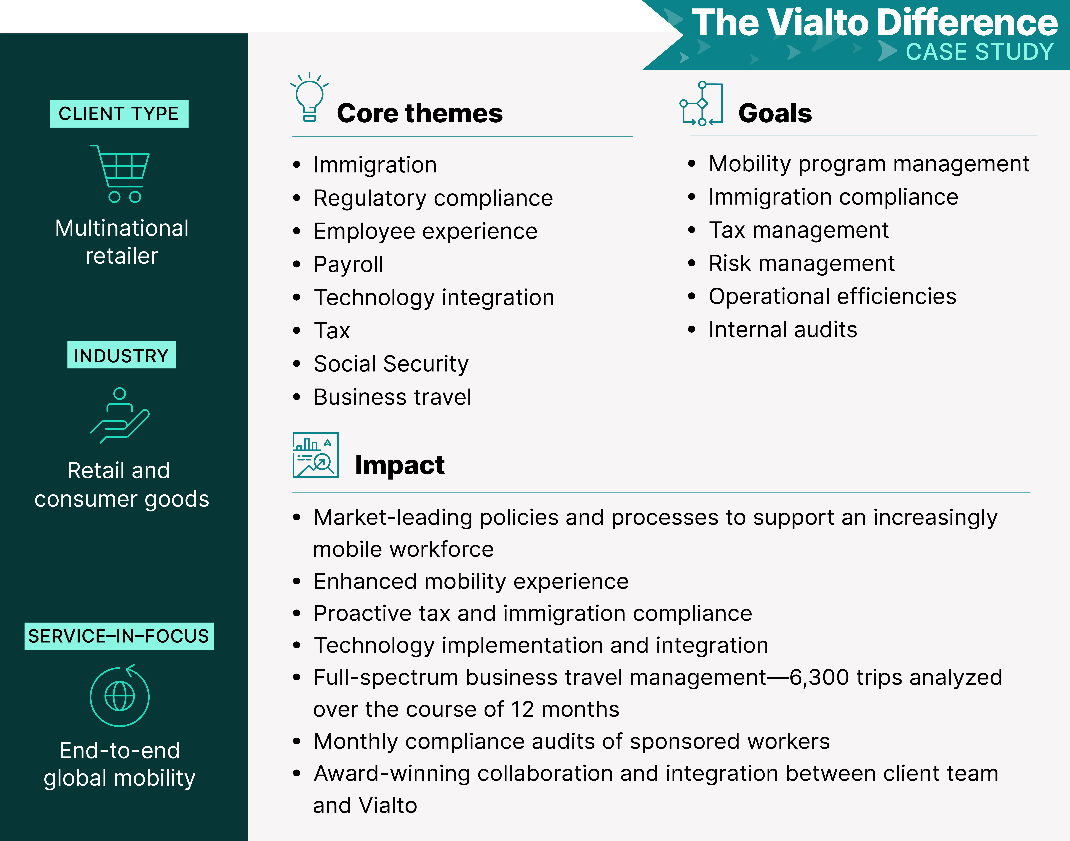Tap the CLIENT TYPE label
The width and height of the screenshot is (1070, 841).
pyautogui.click(x=119, y=114)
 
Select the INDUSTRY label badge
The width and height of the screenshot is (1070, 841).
pyautogui.click(x=121, y=355)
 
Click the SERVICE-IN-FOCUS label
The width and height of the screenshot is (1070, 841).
pyautogui.click(x=119, y=636)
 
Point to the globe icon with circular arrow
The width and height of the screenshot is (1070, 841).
pyautogui.click(x=120, y=696)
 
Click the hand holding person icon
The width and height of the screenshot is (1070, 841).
pyautogui.click(x=120, y=416)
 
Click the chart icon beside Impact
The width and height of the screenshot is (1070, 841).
pyautogui.click(x=315, y=455)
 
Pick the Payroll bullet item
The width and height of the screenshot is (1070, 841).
pyautogui.click(x=348, y=264)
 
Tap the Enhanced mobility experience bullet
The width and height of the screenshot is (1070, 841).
pyautogui.click(x=471, y=582)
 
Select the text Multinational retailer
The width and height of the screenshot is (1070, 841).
pyautogui.click(x=122, y=242)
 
